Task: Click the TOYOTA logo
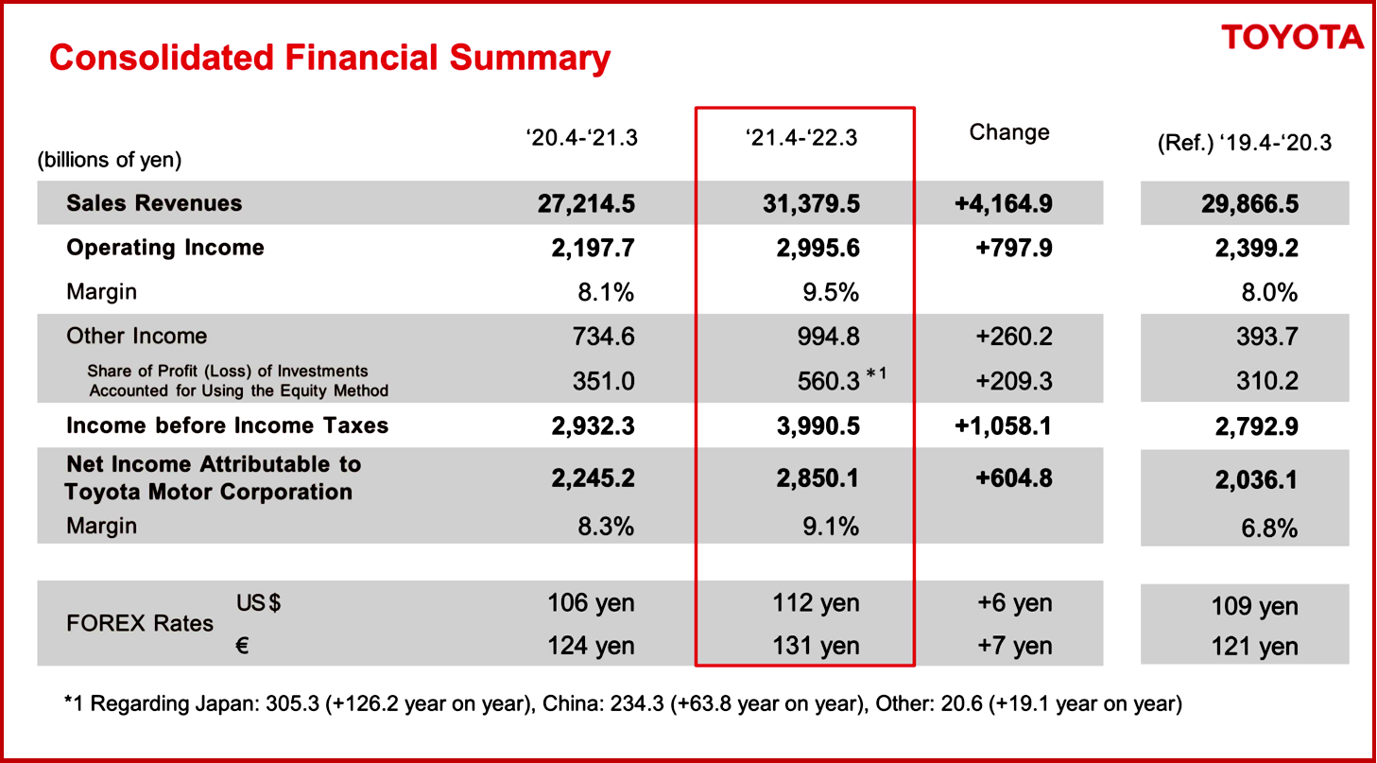[1292, 38]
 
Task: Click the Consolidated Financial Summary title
[330, 59]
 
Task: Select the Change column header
[1008, 132]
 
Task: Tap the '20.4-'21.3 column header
[581, 138]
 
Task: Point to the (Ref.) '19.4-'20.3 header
[1244, 144]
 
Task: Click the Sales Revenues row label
[154, 203]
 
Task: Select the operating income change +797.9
[1013, 248]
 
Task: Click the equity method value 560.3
[828, 381]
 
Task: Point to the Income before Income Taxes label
[227, 425]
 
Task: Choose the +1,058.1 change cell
[1004, 425]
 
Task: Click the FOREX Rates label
[140, 624]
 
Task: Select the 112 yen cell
[816, 602]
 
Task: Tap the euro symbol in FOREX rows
[241, 645]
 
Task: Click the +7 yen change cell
[1017, 646]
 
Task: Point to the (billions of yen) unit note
[110, 159]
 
